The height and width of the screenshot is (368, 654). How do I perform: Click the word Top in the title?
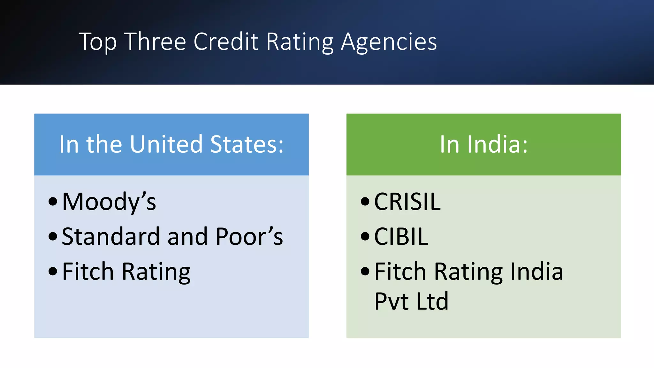(x=97, y=42)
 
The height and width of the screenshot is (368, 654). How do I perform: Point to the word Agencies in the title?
(x=389, y=42)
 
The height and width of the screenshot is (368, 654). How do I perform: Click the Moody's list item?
(x=109, y=202)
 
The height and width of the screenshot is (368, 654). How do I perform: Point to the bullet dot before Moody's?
(x=53, y=202)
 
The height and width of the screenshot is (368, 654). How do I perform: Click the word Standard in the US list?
(x=110, y=237)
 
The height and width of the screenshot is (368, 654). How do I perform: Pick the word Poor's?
(x=249, y=237)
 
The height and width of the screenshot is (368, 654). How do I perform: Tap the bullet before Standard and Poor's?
(x=53, y=237)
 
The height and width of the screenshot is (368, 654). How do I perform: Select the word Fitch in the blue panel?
(x=88, y=271)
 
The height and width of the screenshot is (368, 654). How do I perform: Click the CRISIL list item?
(x=407, y=202)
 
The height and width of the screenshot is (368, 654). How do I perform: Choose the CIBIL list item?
(x=401, y=237)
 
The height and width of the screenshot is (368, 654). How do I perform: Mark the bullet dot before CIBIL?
(x=365, y=237)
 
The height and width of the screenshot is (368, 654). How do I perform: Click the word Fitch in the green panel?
(x=400, y=271)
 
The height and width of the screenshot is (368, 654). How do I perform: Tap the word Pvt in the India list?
(x=392, y=301)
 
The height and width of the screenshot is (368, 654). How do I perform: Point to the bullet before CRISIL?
(x=365, y=202)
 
